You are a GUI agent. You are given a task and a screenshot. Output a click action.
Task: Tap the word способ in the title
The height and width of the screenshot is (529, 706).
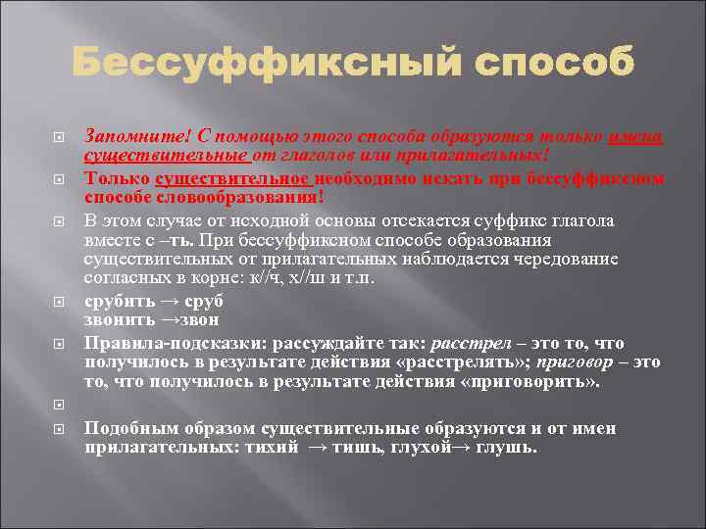point(556,65)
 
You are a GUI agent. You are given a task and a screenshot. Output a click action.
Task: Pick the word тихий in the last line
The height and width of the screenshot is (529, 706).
point(277,447)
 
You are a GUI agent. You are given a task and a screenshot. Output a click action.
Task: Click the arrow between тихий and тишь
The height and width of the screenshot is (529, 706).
point(318,447)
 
